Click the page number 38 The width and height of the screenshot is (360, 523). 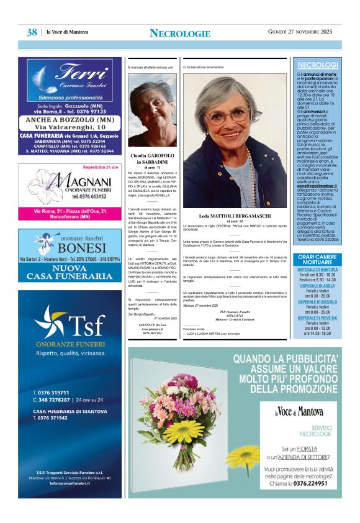(32, 32)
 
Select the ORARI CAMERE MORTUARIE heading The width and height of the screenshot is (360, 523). (317, 260)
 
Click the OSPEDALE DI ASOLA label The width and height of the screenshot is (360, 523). (317, 285)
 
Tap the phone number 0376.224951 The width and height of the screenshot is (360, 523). (311, 484)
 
